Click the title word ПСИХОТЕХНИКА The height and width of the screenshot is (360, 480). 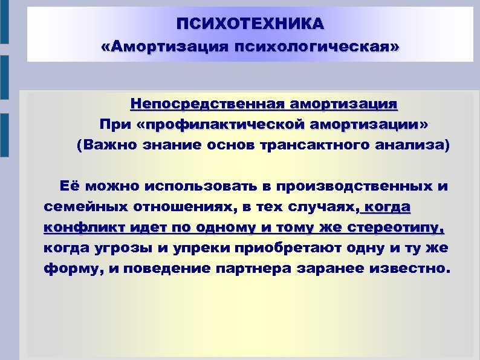[x=250, y=24]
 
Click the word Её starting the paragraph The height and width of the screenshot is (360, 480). [x=68, y=186]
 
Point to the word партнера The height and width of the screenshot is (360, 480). [x=251, y=269]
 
